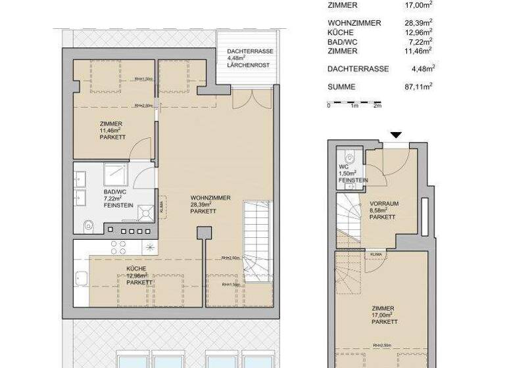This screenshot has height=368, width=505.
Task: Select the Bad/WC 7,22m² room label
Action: [119, 197]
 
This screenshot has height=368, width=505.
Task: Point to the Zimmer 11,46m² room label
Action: [111, 130]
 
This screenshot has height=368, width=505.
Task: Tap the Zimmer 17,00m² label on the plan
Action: [383, 315]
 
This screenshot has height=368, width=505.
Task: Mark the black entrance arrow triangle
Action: [395, 135]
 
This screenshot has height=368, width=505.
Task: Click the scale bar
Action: [354, 103]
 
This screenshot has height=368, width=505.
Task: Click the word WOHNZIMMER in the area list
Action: [354, 23]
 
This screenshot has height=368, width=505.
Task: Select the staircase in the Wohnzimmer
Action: [257, 242]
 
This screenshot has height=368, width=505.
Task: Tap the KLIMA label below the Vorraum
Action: [377, 254]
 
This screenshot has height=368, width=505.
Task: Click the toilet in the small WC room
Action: [350, 156]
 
